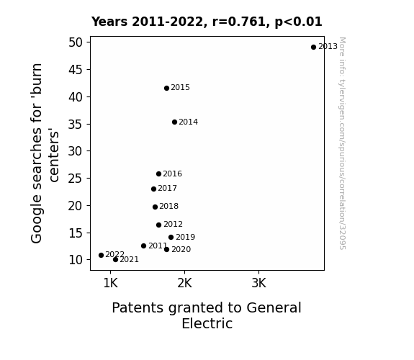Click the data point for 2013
tap(313, 48)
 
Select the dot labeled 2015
tap(166, 89)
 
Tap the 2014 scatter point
tap(174, 122)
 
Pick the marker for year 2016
tap(158, 174)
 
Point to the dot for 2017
tap(153, 189)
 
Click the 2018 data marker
tap(156, 207)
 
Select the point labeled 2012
tap(158, 225)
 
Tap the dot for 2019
tap(171, 237)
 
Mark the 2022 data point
tap(101, 255)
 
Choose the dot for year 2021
tap(115, 260)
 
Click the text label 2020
tap(181, 249)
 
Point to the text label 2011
tap(158, 246)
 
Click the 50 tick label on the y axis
tap(76, 42)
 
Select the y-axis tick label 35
tap(76, 124)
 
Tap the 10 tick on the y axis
tap(76, 260)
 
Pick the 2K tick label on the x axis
tap(184, 283)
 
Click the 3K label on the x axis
tap(258, 283)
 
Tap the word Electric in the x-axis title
tap(207, 323)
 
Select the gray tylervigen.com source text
tap(343, 143)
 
